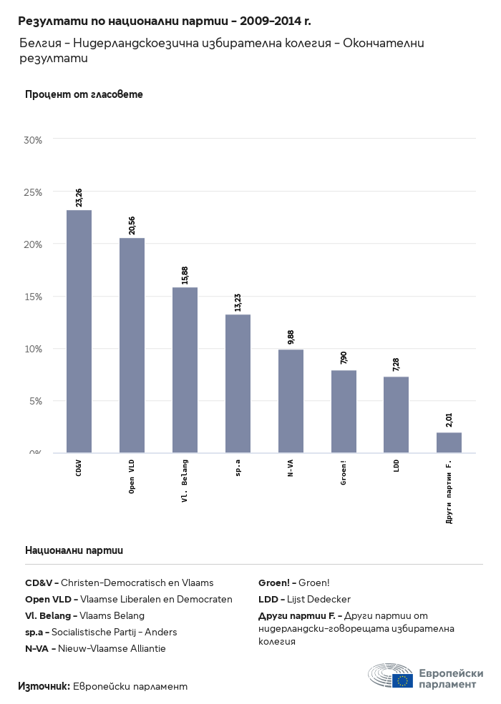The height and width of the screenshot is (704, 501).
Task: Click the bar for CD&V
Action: pyautogui.click(x=79, y=331)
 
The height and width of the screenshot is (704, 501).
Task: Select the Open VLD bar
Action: pyautogui.click(x=132, y=345)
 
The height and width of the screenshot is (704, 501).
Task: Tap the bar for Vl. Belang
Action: pyautogui.click(x=185, y=370)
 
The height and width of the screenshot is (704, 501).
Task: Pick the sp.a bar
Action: pyautogui.click(x=238, y=383)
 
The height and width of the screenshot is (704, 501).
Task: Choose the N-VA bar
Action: pyautogui.click(x=291, y=401)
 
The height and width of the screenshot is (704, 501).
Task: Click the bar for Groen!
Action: pyautogui.click(x=344, y=411)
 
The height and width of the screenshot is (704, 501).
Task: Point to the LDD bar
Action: pyautogui.click(x=396, y=415)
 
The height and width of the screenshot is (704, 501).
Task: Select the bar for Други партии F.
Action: pyautogui.click(x=449, y=442)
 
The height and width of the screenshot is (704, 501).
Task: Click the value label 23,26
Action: pyautogui.click(x=79, y=197)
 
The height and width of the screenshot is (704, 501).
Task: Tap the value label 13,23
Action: pyautogui.click(x=238, y=302)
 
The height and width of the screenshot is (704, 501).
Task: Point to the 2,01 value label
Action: pyautogui.click(x=449, y=420)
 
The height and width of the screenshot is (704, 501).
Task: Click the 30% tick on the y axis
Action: pyautogui.click(x=34, y=140)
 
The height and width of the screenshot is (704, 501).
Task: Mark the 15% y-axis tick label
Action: pyautogui.click(x=34, y=297)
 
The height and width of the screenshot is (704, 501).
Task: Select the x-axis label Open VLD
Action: pyautogui.click(x=132, y=477)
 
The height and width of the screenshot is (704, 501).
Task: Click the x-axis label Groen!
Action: pyautogui.click(x=344, y=473)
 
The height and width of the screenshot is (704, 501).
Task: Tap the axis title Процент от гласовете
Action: pyautogui.click(x=84, y=94)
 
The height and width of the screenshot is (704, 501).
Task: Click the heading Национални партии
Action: pyautogui.click(x=74, y=550)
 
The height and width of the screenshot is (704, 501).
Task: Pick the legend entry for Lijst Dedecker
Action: pyautogui.click(x=304, y=599)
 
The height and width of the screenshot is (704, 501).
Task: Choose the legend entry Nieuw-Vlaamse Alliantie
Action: pyautogui.click(x=95, y=648)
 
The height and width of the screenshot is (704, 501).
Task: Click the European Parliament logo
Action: pyautogui.click(x=425, y=675)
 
